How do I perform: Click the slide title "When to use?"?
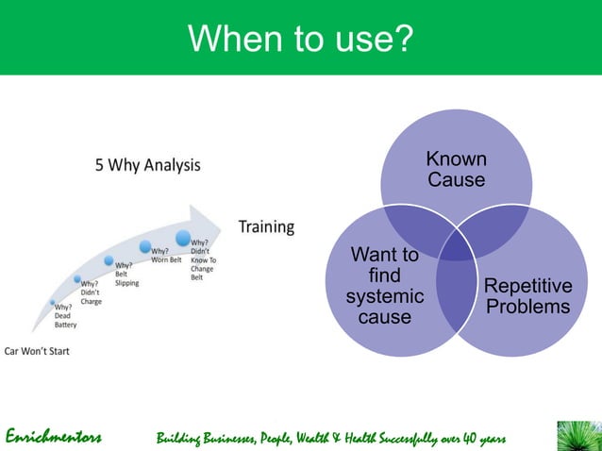tap(300, 39)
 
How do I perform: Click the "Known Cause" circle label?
tap(457, 169)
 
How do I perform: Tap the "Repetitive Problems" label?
tap(527, 296)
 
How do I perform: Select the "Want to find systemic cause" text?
tap(384, 286)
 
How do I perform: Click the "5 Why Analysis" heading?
tap(147, 165)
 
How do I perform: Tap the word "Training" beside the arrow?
tap(265, 226)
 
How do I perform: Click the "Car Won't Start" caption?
tap(37, 351)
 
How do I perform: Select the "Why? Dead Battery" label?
tap(65, 315)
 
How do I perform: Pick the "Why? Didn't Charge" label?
tap(92, 292)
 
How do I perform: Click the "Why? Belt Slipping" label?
tap(126, 275)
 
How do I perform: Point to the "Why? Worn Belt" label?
tap(166, 256)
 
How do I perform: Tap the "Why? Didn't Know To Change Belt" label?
tap(203, 260)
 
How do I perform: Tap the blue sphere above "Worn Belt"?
tap(146, 247)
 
